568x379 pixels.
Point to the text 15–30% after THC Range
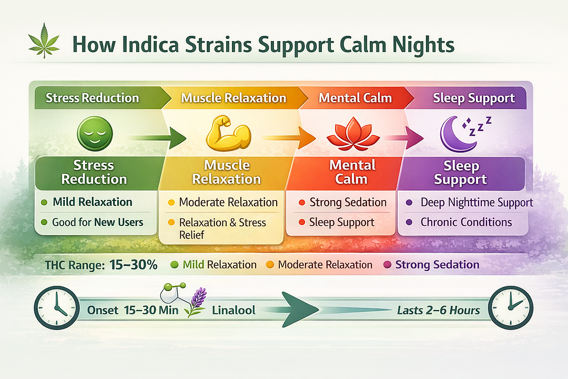pos(134,265)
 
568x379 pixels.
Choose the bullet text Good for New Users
pos(97,222)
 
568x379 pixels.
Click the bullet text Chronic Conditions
pos(466,222)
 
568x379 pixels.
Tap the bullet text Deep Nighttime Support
pos(476,203)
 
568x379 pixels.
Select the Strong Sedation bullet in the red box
pos(348,203)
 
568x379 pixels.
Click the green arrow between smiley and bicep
pos(158,138)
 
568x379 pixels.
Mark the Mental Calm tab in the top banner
pos(355,98)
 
